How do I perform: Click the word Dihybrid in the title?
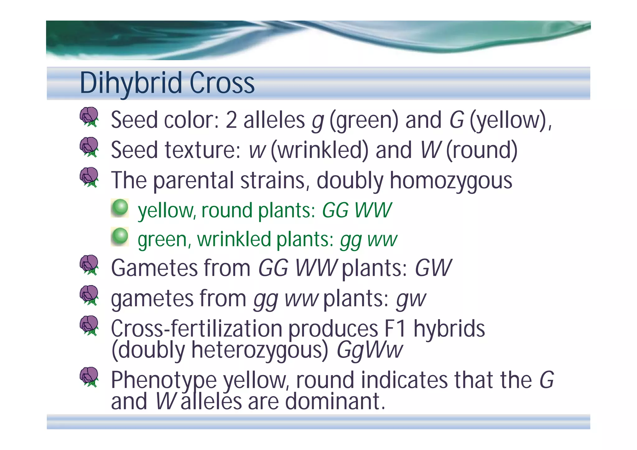pos(131,83)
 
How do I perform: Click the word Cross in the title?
pos(222,83)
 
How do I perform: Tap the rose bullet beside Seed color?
pos(89,117)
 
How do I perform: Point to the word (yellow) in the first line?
pos(510,120)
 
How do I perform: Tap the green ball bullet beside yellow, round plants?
pos(120,208)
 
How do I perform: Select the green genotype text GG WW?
pos(357,211)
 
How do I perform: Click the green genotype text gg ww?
pos(369,240)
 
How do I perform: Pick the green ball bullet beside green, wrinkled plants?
pos(120,236)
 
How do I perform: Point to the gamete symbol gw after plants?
pos(411,299)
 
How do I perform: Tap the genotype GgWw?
pos(370,350)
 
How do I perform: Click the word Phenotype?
pos(164,380)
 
